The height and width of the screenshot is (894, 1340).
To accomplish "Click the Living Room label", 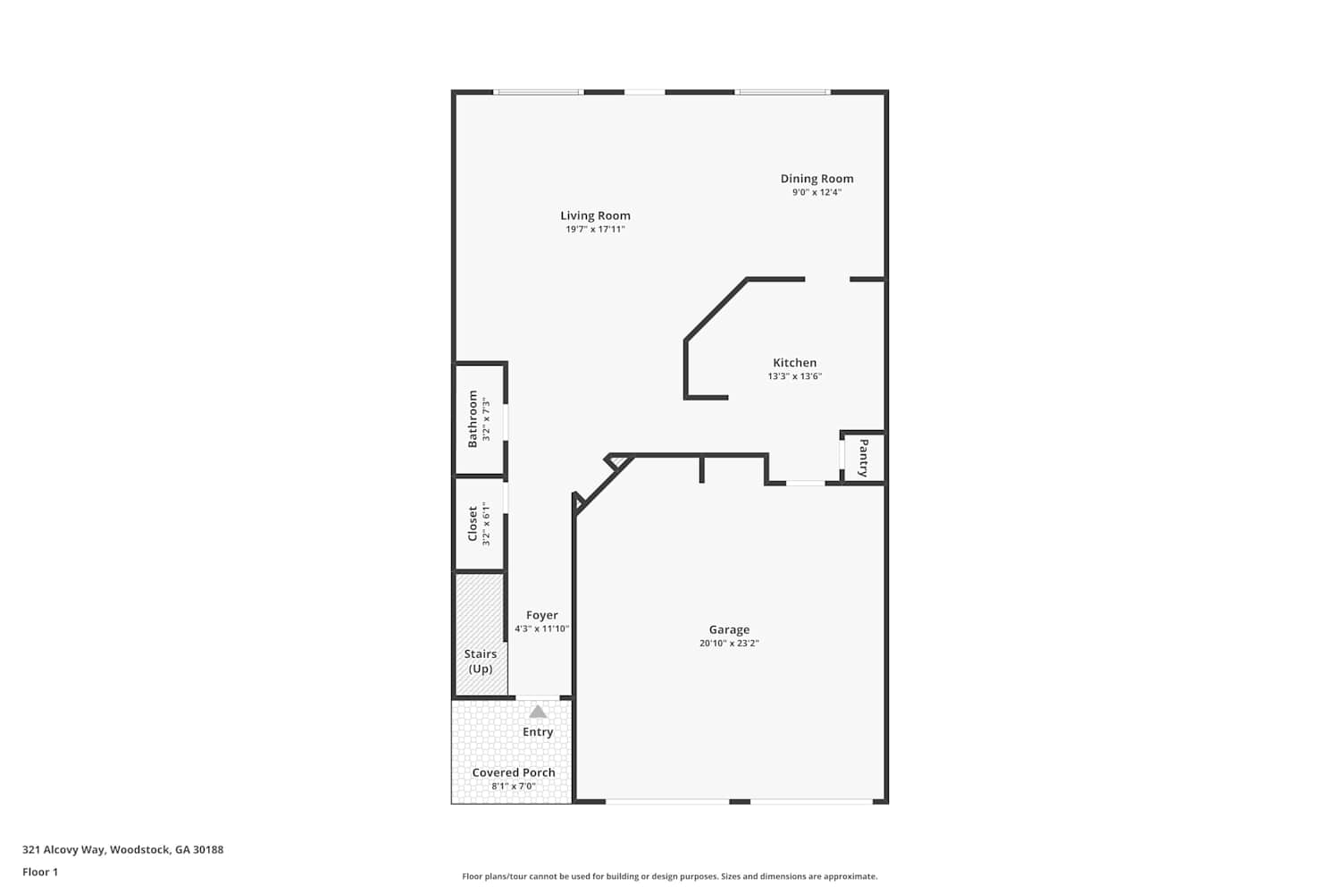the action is click(x=595, y=215).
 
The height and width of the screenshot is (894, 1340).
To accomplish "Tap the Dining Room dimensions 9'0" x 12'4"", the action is click(x=817, y=192).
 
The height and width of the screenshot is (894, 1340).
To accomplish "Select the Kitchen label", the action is click(x=794, y=362).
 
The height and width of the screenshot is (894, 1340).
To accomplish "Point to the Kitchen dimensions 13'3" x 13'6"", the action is click(x=794, y=376).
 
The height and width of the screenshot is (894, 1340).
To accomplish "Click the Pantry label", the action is click(x=863, y=458).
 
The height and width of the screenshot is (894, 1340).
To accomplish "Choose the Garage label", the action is click(x=729, y=629).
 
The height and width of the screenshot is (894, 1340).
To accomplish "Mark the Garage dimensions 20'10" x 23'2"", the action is click(x=729, y=643).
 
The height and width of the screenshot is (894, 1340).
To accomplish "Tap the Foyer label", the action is click(x=542, y=615).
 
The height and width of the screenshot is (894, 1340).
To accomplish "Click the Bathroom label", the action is click(x=473, y=419).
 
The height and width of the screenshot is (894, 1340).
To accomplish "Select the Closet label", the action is click(x=473, y=523).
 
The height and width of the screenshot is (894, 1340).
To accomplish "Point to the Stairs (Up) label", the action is click(x=481, y=661).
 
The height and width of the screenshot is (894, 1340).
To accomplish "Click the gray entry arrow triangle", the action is click(x=538, y=712).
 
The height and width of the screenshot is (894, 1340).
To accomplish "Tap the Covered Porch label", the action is click(x=514, y=772).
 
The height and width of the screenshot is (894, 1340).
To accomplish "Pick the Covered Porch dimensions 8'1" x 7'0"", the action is click(x=514, y=786).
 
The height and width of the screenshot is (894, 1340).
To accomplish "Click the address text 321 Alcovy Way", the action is click(x=64, y=849).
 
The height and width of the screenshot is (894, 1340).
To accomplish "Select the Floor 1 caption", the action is click(x=40, y=872).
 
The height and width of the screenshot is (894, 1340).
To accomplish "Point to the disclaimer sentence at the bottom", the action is click(x=669, y=876).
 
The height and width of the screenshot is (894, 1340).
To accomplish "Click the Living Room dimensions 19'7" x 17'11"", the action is click(x=595, y=230).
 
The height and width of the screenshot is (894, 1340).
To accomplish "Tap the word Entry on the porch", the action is click(x=538, y=732).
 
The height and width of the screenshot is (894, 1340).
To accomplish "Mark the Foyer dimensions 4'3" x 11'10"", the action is click(x=542, y=628).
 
